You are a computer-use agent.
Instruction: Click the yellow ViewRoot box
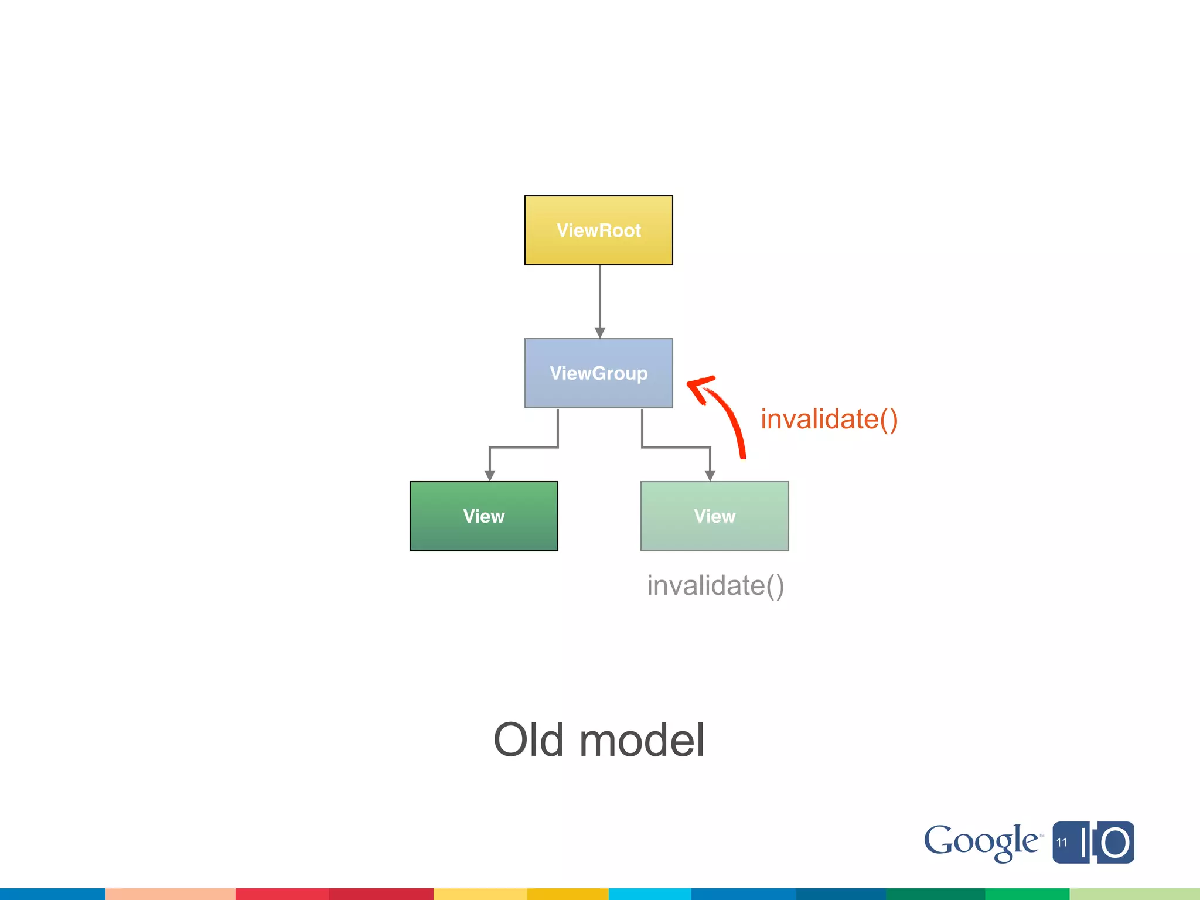(598, 230)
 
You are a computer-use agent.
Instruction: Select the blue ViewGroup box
(598, 373)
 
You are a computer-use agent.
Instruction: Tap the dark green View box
(483, 516)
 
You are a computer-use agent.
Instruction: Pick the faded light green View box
(714, 516)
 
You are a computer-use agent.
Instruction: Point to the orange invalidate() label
(829, 420)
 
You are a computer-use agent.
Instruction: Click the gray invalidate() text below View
(715, 585)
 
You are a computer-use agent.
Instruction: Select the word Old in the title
(529, 740)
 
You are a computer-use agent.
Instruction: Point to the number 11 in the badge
(1062, 843)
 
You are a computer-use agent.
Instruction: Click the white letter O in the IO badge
(1114, 843)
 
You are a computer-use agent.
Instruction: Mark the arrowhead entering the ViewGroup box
(599, 333)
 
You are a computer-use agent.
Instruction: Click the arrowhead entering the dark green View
(490, 476)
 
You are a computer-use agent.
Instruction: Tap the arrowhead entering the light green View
(710, 476)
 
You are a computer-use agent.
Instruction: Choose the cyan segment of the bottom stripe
(649, 894)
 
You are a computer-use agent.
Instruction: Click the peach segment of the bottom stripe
(170, 894)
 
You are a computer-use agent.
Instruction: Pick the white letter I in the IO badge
(1085, 843)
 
